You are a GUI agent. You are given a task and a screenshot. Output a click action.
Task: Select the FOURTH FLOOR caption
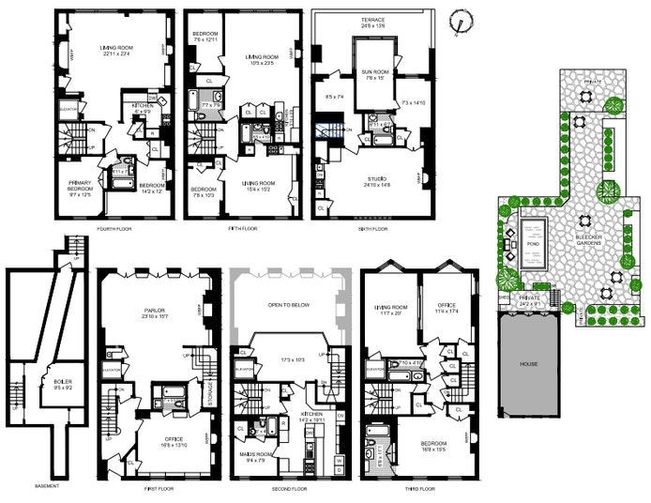point(114,228)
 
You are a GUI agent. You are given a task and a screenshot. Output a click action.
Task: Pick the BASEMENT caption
point(47,486)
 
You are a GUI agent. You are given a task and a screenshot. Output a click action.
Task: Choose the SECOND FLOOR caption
point(289,489)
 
